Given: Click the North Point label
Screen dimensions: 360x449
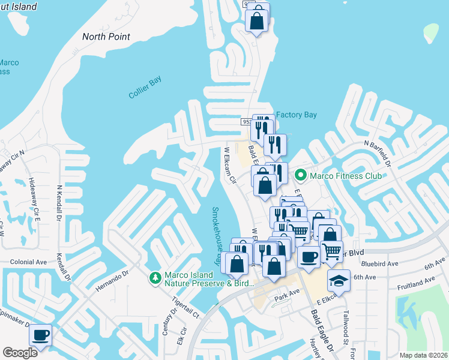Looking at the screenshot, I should [106, 37].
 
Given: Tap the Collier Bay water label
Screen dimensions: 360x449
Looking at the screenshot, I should [145, 88].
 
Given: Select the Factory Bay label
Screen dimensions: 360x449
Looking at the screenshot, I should [296, 115].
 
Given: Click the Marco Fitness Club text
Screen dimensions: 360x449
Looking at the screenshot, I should [346, 176].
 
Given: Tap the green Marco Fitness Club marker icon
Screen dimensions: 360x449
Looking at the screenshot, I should [300, 176].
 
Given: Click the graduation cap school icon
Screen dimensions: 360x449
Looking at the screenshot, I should [339, 281].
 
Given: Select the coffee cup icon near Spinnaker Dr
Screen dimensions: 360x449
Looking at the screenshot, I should [40, 335].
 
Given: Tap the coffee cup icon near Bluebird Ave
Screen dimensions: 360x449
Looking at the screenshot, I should [309, 256].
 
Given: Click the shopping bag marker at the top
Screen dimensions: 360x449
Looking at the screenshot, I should [257, 20].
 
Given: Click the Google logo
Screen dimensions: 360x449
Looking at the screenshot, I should [20, 352].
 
